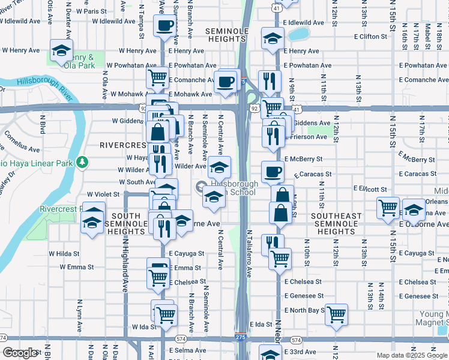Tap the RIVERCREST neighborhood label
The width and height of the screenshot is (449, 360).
coord(123,145)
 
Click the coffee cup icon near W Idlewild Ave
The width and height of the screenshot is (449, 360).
coord(165,26)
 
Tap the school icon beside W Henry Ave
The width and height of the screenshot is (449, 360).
coord(61,52)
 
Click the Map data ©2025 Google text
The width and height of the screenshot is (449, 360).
coord(412,355)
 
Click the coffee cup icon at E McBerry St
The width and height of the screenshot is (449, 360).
coord(273,171)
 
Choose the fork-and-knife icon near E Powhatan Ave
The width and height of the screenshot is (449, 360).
coord(270,80)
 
